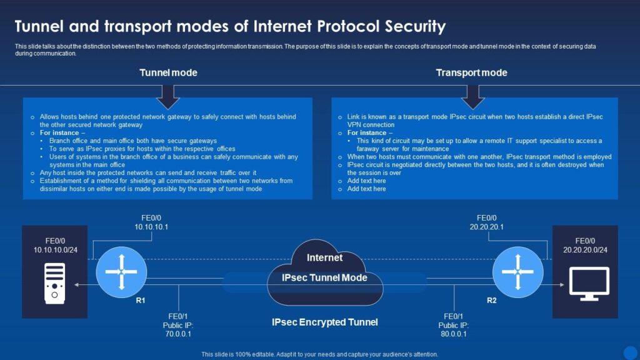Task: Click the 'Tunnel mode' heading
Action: tap(168, 72)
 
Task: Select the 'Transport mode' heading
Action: tap(471, 72)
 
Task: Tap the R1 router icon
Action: tap(121, 272)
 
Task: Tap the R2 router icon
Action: tap(517, 272)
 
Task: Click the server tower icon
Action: tap(55, 284)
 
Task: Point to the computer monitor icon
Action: tap(589, 284)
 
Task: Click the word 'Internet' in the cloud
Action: tap(324, 257)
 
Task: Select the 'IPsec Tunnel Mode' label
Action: tap(324, 277)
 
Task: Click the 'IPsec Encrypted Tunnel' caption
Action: tap(325, 322)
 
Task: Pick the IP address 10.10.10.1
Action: tap(151, 227)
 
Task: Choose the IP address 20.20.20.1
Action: tap(486, 227)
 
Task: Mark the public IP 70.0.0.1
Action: tap(178, 334)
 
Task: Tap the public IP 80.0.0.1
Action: tap(454, 334)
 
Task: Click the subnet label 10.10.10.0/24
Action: tap(56, 250)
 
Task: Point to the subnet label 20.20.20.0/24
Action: tap(585, 250)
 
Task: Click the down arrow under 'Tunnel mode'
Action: tap(167, 97)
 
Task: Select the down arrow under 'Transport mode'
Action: tap(472, 97)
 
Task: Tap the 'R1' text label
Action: tap(141, 301)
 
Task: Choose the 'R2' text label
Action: tap(492, 301)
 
